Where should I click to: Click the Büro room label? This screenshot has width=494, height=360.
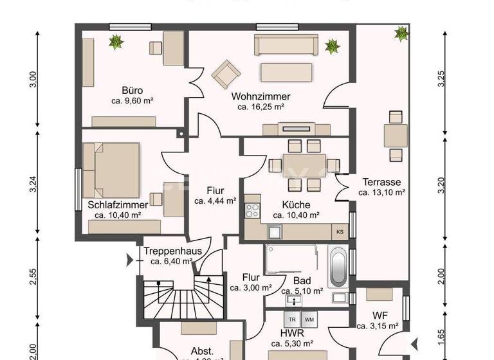coord(132,91)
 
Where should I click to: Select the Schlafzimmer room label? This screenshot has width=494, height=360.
coord(118,205)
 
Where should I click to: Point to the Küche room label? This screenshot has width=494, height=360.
coord(296,205)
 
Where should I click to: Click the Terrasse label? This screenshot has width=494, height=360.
coord(381,181)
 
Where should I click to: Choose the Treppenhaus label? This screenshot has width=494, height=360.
coord(168,251)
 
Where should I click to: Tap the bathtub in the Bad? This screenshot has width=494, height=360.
coord(338,269)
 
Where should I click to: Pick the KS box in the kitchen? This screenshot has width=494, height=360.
coord(340,231)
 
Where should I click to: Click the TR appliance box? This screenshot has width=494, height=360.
coord(292,319)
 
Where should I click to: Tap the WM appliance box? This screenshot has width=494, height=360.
coord(309,319)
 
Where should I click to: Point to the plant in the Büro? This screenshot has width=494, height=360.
coord(116,42)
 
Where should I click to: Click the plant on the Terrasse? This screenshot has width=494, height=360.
coord(401,32)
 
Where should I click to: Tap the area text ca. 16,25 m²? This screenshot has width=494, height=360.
coord(261,107)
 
